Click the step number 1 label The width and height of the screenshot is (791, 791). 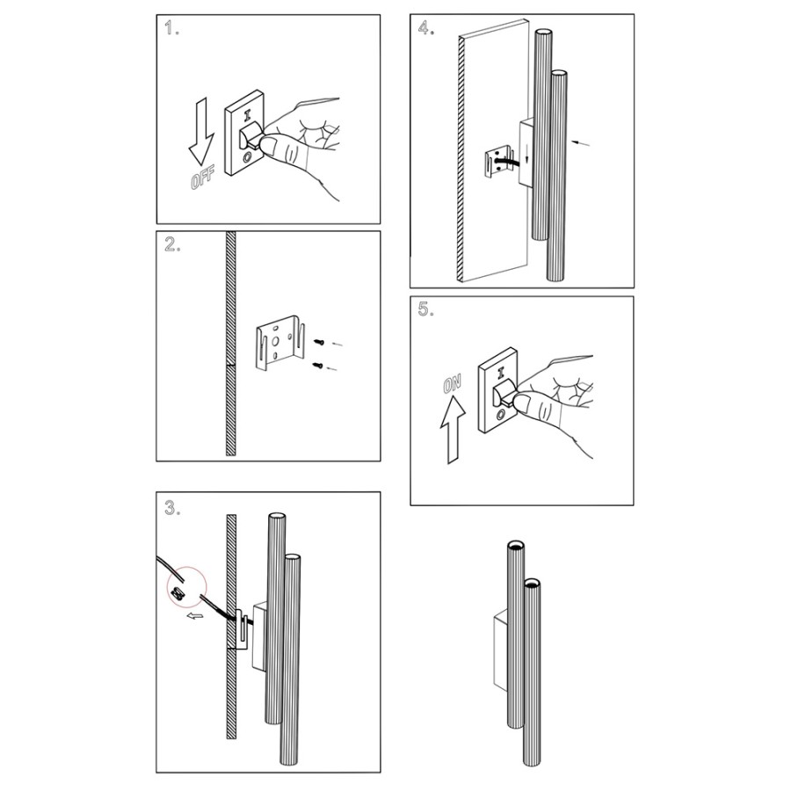(x=171, y=29)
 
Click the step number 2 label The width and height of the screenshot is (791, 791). (x=172, y=244)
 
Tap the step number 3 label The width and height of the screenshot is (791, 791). (x=172, y=508)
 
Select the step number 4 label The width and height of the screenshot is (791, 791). (x=426, y=28)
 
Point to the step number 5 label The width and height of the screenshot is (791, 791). (x=426, y=309)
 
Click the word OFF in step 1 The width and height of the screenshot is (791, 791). (x=202, y=178)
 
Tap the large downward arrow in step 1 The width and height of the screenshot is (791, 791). (x=201, y=132)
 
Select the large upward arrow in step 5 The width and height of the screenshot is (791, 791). (x=453, y=429)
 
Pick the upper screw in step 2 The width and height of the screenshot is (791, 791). (x=319, y=343)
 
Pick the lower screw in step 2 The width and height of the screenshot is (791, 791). (x=318, y=366)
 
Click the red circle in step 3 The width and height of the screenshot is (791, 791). (x=186, y=588)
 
